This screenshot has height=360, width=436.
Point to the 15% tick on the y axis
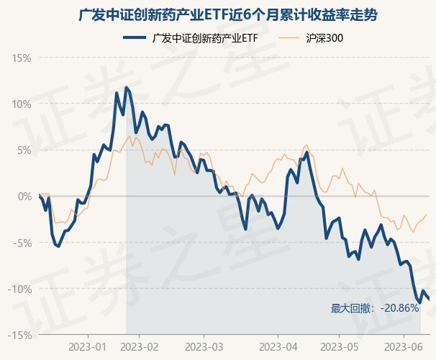(22, 57)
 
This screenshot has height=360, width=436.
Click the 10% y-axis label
(22, 104)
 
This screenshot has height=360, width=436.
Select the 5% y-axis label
(24, 150)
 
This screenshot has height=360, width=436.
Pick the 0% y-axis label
(24, 196)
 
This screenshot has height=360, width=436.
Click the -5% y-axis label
(22, 243)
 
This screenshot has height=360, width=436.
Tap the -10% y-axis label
(20, 289)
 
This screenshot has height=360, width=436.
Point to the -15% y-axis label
(20, 335)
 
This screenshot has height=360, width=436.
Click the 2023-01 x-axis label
(88, 347)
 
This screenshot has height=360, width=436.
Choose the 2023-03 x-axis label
(204, 347)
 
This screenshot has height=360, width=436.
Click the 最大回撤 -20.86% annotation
(375, 308)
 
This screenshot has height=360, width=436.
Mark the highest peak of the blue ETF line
(127, 87)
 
